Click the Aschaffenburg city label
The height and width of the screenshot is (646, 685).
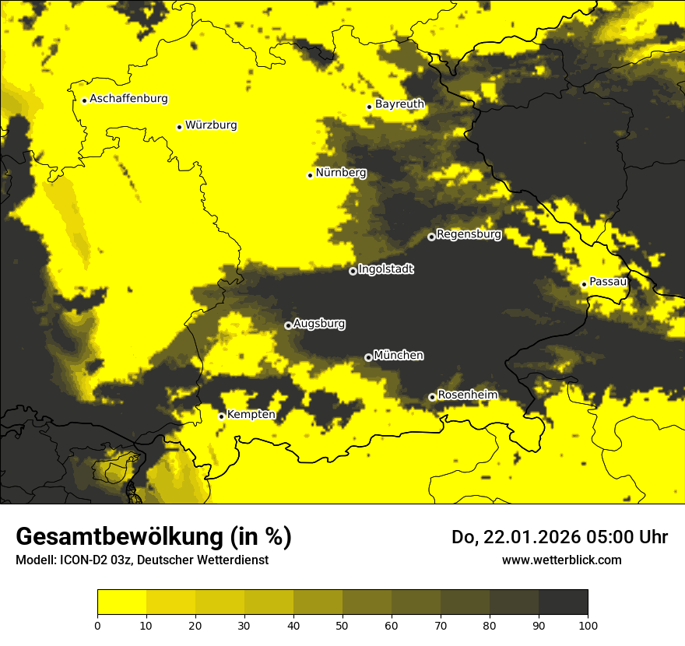[128, 99]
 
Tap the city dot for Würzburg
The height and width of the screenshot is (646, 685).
[179, 127]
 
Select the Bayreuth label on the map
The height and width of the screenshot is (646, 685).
[399, 104]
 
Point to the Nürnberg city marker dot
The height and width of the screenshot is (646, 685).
[310, 175]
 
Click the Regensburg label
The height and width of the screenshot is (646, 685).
[469, 233]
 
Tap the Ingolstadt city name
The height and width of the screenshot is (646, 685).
[386, 269]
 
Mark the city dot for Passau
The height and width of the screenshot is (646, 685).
[584, 284]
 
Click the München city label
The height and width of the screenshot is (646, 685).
[399, 355]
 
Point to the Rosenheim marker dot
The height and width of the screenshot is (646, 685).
[432, 397]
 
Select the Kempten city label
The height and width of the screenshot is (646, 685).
[251, 414]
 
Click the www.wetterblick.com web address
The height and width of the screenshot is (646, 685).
[561, 560]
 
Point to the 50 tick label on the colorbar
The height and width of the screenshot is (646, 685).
[342, 624]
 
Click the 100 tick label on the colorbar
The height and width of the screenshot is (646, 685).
[587, 624]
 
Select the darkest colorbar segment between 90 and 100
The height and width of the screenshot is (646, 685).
[563, 602]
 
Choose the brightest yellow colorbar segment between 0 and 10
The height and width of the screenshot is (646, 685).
[121, 602]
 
